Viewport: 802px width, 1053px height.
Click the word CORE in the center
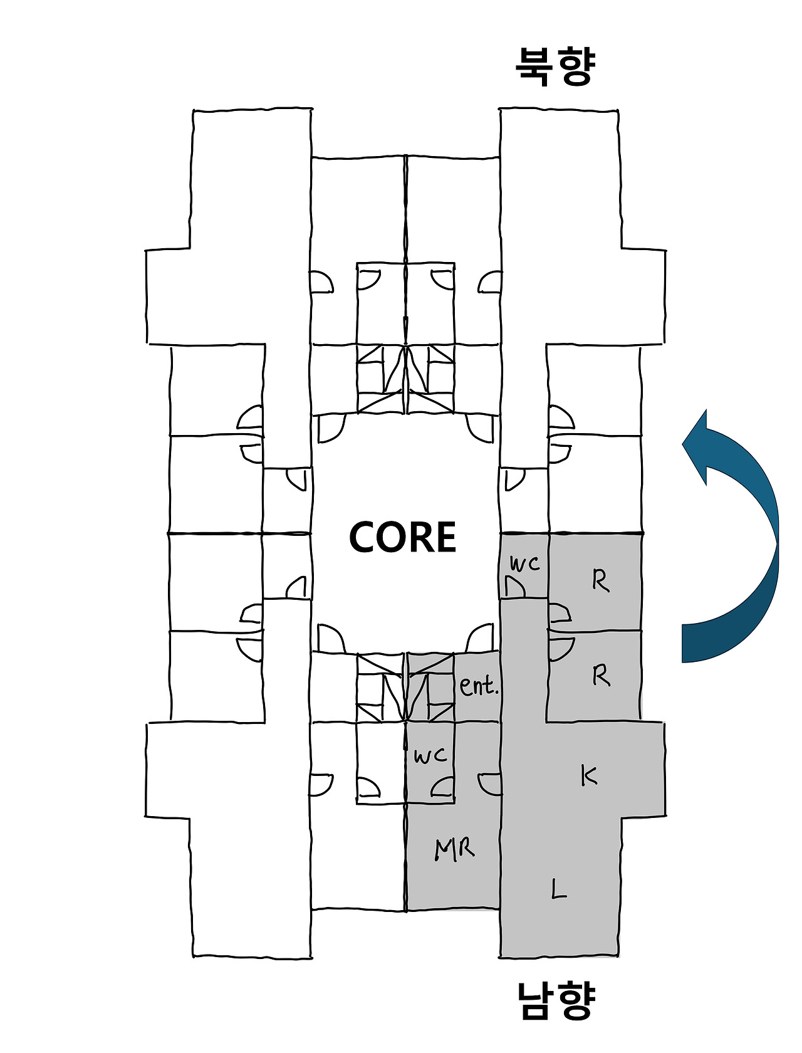coord(402,537)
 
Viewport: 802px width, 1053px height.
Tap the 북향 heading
coord(554,65)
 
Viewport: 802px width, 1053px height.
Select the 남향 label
coord(555,1000)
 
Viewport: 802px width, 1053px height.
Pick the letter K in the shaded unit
coord(588,775)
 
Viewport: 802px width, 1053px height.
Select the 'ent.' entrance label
coord(479,686)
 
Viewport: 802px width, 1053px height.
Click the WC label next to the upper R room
coord(524,563)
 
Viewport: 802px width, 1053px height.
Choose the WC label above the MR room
coord(430,756)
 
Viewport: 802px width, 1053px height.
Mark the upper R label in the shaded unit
coord(600,582)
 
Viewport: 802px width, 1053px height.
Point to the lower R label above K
coord(600,676)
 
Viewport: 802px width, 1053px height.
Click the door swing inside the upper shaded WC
coord(515,587)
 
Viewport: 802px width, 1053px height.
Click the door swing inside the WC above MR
coord(444,787)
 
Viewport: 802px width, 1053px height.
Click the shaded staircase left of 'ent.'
coord(430,688)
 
